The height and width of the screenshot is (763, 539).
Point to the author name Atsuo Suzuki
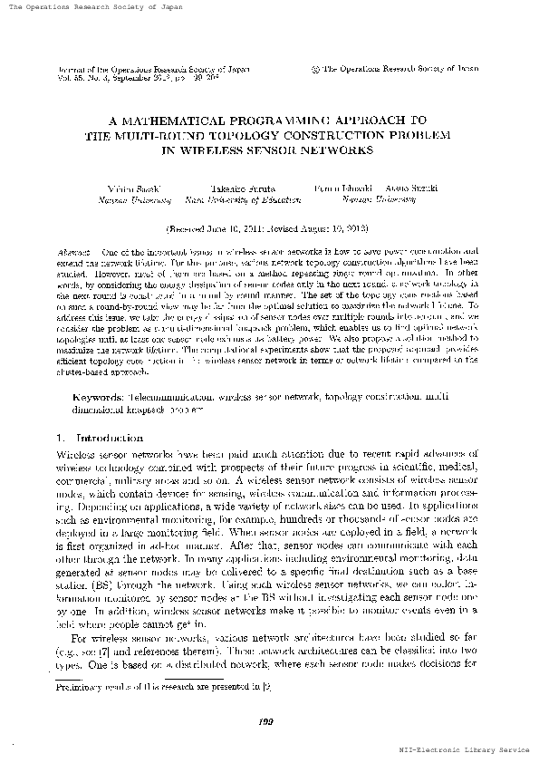coord(413,187)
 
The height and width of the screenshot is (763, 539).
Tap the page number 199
coord(266,720)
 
